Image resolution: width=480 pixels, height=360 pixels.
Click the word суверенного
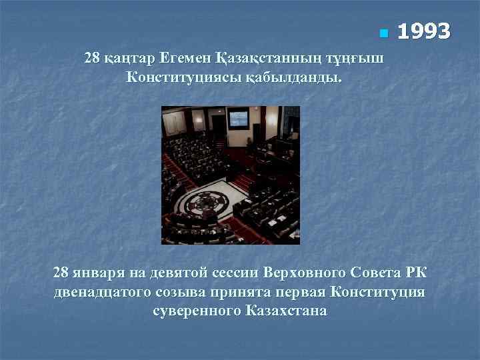[197, 311]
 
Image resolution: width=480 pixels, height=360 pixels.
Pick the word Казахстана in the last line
[286, 311]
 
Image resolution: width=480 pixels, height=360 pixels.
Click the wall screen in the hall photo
[237, 119]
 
